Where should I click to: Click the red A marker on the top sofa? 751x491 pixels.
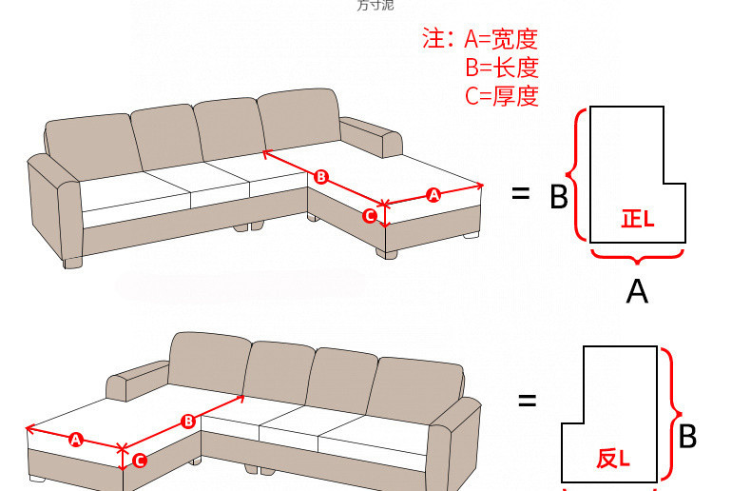click(x=433, y=194)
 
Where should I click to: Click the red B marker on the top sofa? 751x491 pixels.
click(x=321, y=176)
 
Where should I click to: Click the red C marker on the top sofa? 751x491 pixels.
click(x=371, y=216)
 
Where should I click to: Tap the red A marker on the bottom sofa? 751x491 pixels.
click(x=76, y=439)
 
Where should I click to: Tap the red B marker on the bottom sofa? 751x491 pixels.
click(x=187, y=420)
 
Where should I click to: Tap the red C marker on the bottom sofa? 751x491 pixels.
click(x=139, y=461)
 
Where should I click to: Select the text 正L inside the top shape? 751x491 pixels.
click(x=637, y=219)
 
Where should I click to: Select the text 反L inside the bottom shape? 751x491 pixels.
click(x=613, y=459)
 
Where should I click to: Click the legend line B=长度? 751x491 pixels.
click(x=502, y=68)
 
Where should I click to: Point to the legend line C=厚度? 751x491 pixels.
click(x=502, y=95)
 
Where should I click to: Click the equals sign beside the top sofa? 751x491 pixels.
click(x=520, y=193)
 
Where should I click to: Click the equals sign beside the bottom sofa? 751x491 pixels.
click(x=527, y=400)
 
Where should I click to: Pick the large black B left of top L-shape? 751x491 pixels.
click(x=559, y=197)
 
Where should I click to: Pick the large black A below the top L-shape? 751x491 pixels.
click(x=637, y=291)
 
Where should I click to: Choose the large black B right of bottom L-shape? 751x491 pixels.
click(x=687, y=437)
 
